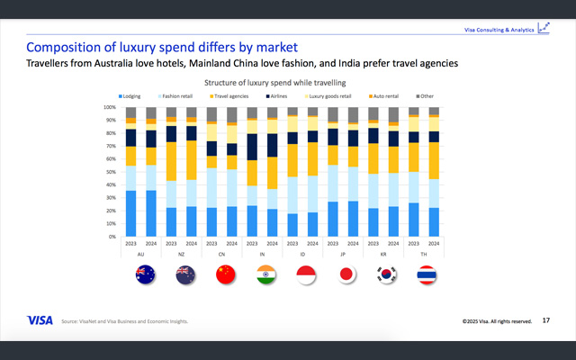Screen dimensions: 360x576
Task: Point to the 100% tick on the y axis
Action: (109, 107)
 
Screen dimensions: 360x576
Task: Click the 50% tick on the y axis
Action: (111, 172)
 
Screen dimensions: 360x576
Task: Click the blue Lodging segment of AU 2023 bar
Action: (131, 213)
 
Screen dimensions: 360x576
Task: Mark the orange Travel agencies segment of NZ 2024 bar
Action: (192, 148)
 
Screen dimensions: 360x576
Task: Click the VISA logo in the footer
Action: (40, 319)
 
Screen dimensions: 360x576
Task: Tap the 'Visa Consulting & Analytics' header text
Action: (498, 30)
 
